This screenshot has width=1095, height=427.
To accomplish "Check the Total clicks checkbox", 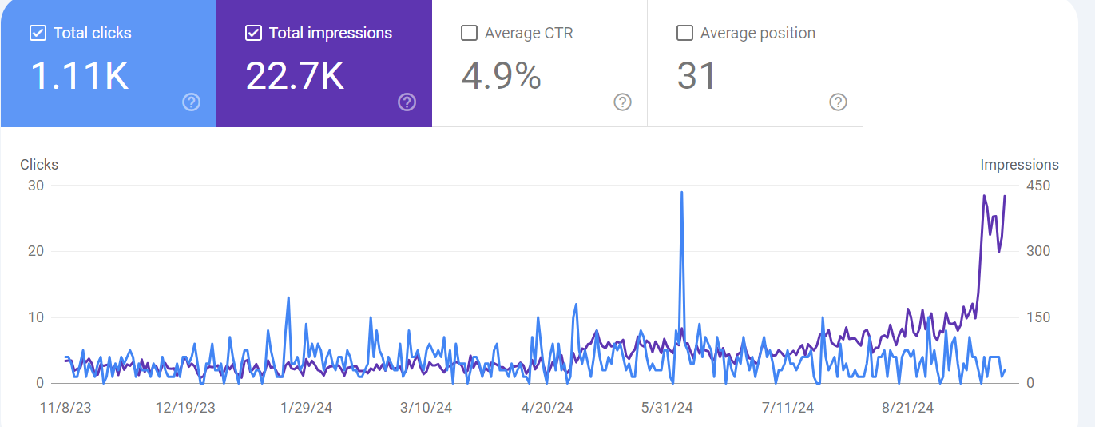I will coord(38,34).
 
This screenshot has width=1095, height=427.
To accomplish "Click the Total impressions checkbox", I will coord(253,34).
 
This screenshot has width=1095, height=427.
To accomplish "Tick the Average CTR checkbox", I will coord(470,34).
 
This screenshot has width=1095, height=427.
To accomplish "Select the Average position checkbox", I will coord(684,34).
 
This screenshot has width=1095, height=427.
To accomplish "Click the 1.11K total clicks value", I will coord(80,76).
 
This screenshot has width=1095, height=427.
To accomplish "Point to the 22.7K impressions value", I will coord(295,76).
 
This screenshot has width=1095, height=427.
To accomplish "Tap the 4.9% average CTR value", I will coord(502,76).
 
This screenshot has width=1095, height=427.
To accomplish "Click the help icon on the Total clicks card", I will coord(192,102).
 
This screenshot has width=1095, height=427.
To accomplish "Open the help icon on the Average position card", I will coord(838,102).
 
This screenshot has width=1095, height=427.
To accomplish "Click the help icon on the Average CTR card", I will coord(622,102).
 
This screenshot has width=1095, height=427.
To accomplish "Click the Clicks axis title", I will coord(39,165).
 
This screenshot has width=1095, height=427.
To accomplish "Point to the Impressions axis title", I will coord(1019,165).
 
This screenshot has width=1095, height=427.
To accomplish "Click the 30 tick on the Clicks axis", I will coord(35,186).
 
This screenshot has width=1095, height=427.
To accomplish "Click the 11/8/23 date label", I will coord(66,408).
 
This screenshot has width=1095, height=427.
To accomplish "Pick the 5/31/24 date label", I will coord(668,408).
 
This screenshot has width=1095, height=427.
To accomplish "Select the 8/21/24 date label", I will coord(907,408).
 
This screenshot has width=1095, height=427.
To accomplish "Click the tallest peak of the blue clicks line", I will coord(681,192).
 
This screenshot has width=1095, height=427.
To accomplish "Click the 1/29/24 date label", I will coord(306,408).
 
